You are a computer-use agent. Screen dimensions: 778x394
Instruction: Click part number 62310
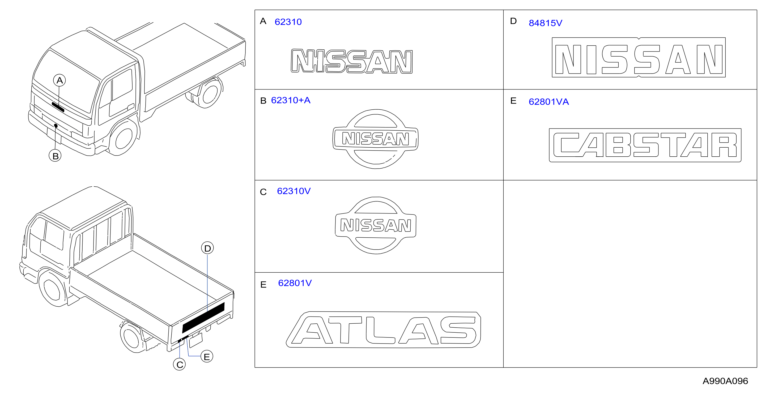pyautogui.click(x=288, y=22)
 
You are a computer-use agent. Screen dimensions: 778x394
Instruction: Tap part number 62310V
pyautogui.click(x=294, y=191)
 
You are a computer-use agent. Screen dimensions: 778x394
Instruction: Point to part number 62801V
pyautogui.click(x=295, y=283)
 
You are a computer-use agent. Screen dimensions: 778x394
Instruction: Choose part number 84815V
pyautogui.click(x=545, y=23)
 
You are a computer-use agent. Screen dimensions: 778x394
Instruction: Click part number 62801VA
pyautogui.click(x=549, y=102)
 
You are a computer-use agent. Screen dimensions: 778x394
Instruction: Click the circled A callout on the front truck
pyautogui.click(x=59, y=80)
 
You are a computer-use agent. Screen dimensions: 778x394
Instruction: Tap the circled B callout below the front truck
pyautogui.click(x=55, y=156)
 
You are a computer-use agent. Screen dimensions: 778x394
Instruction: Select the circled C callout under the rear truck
pyautogui.click(x=179, y=365)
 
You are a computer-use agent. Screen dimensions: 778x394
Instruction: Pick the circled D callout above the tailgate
pyautogui.click(x=207, y=248)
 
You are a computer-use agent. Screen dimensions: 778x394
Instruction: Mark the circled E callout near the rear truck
pyautogui.click(x=207, y=357)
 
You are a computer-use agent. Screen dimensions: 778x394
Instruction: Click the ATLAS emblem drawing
pyautogui.click(x=383, y=330)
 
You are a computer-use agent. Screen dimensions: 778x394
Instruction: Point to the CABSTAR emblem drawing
pyautogui.click(x=645, y=145)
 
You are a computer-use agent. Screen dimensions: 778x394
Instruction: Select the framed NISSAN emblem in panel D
pyautogui.click(x=639, y=57)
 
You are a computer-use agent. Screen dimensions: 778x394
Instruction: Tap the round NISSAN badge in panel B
pyautogui.click(x=375, y=139)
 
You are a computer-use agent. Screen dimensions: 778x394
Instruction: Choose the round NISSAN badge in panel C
pyautogui.click(x=376, y=225)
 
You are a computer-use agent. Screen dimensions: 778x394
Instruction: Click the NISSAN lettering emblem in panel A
pyautogui.click(x=352, y=61)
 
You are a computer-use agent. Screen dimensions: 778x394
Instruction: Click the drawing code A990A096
pyautogui.click(x=725, y=381)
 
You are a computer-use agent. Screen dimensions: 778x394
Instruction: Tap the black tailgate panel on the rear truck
pyautogui.click(x=203, y=318)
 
